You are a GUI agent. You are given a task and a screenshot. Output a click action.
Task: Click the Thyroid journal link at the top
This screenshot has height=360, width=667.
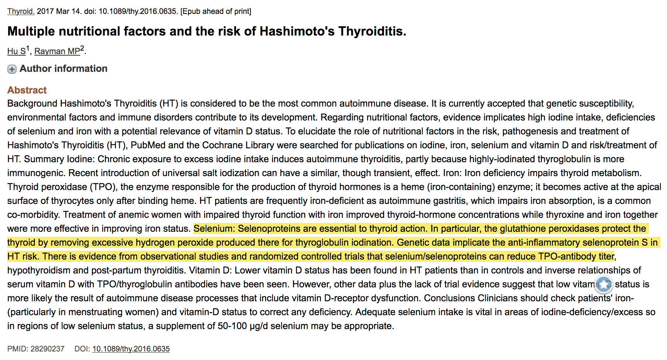(x=21, y=11)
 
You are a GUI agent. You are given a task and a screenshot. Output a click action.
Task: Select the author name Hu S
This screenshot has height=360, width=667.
(x=16, y=51)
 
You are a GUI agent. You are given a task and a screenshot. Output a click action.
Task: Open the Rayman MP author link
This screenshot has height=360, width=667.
(x=57, y=51)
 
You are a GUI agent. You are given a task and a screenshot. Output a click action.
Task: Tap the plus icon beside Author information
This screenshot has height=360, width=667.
(x=12, y=69)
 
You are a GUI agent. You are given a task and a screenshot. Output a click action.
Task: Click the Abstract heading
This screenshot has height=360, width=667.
(x=27, y=90)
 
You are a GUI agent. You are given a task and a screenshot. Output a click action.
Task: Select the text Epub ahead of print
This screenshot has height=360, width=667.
(x=216, y=11)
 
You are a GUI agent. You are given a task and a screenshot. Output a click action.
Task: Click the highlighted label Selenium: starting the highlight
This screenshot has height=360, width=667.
(x=214, y=229)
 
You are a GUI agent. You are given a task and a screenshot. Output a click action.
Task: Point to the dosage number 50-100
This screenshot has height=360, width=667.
(x=232, y=326)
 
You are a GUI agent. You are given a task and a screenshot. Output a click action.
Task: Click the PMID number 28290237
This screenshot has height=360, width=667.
(x=47, y=349)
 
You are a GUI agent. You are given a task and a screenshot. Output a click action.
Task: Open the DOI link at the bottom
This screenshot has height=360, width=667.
(x=131, y=349)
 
